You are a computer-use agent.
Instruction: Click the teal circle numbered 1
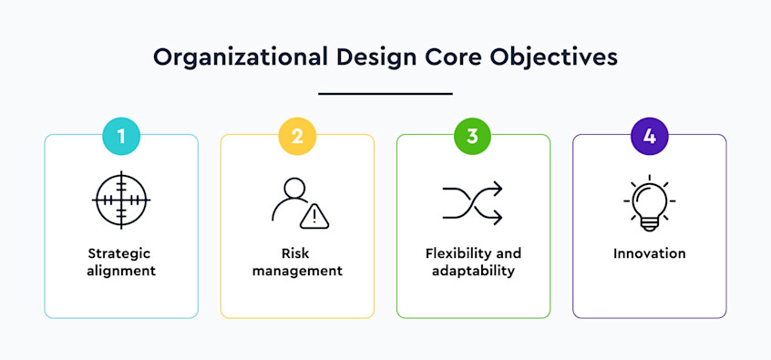121,137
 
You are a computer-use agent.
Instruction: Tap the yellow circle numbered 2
297,137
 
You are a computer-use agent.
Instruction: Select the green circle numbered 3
473,137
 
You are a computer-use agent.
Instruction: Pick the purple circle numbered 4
649,137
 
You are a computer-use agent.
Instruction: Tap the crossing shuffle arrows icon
473,201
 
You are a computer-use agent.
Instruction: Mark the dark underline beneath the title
385,93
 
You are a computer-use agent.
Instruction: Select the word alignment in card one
121,271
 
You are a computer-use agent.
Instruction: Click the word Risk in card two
297,253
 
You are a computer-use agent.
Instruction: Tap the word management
297,271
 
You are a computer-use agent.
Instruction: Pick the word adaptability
473,271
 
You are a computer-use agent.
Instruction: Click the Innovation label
649,253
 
